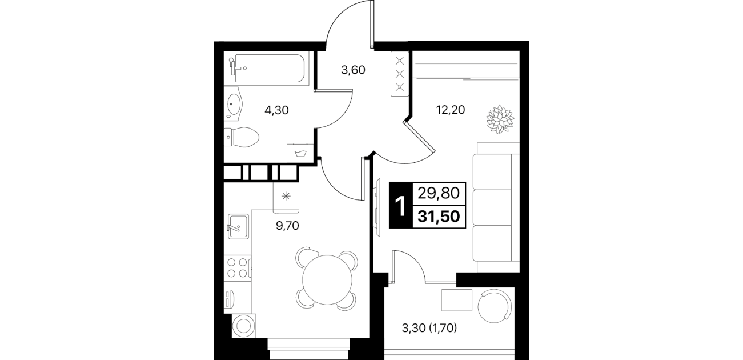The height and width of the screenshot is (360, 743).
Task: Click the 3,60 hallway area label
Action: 353,70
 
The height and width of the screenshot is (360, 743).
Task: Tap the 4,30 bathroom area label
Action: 276,110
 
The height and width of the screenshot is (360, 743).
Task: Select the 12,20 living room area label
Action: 451,110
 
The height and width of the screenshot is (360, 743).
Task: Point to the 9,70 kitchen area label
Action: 287,226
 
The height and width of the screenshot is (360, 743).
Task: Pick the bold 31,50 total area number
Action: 439,217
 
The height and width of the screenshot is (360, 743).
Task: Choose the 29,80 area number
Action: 439,193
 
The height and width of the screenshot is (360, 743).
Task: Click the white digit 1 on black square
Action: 401,206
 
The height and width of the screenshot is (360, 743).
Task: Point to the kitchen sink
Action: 238,226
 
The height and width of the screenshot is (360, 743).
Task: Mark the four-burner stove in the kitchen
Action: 238,268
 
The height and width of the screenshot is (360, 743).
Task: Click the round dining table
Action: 327,279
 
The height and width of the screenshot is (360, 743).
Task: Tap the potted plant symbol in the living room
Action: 500,119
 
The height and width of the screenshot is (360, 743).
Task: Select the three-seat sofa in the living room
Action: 496,207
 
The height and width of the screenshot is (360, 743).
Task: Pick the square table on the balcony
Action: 456,300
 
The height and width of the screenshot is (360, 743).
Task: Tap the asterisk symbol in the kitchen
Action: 286,197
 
